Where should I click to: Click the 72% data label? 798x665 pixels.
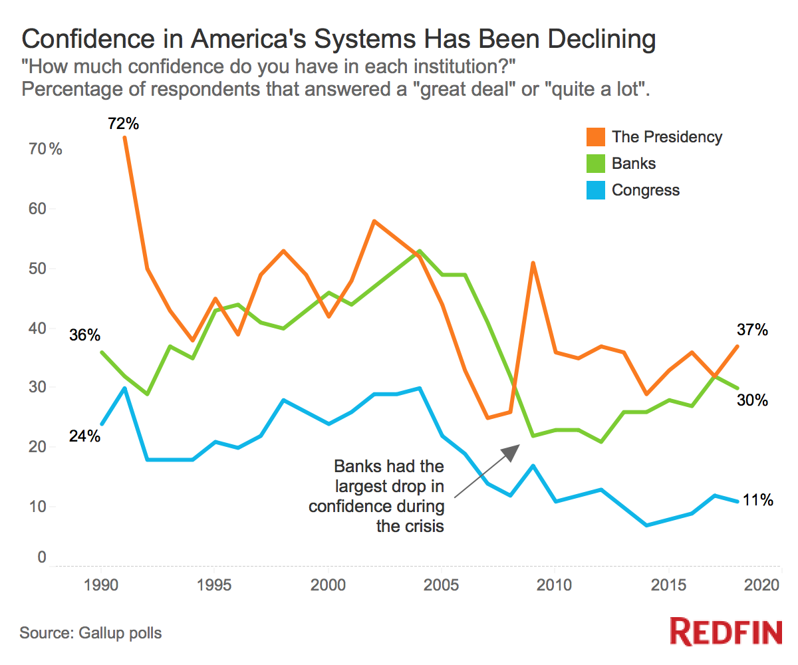pos(124,123)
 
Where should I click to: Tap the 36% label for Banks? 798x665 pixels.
pos(84,335)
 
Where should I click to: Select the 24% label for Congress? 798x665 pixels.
pos(84,436)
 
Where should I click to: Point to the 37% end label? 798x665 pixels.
pos(752,330)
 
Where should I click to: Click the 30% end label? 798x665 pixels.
pos(752,400)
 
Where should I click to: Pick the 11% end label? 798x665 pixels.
pos(757,501)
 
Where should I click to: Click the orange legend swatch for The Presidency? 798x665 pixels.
pos(596,137)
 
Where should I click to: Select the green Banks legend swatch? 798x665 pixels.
pos(596,164)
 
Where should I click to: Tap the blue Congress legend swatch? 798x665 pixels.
pos(596,190)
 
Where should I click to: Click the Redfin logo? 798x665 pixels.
pos(726,631)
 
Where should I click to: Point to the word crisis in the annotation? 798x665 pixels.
pos(422,526)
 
